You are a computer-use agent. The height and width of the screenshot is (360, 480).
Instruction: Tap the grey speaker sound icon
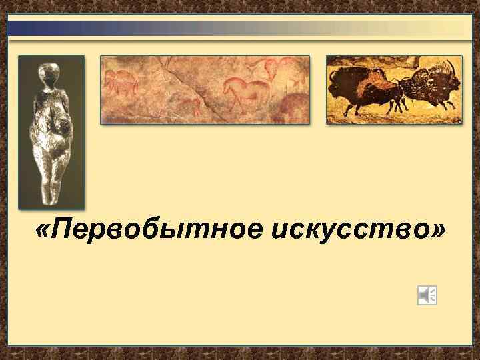pyautogui.click(x=427, y=295)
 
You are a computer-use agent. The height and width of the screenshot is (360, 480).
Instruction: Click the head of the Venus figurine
pyautogui.click(x=49, y=73)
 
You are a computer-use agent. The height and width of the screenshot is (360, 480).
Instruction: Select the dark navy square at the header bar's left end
pyautogui.click(x=19, y=28)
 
